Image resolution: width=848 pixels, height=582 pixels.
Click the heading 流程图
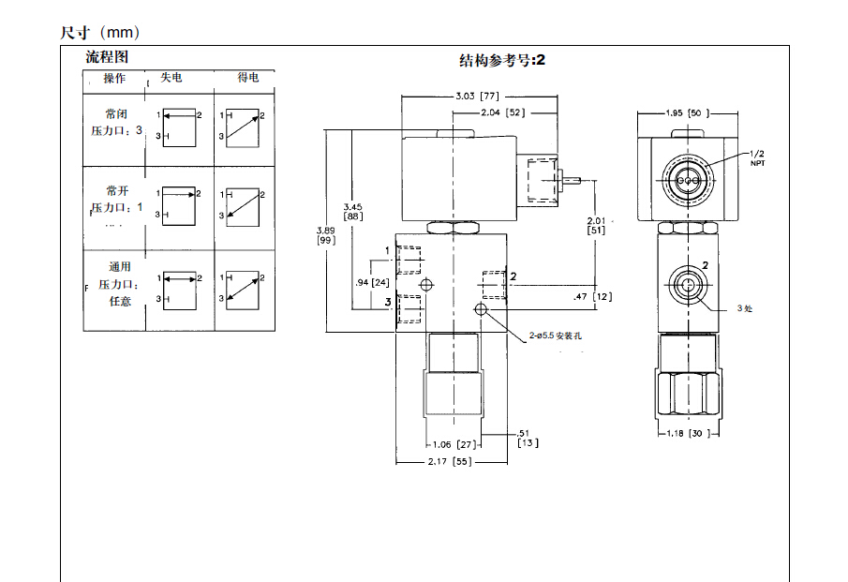point(108,57)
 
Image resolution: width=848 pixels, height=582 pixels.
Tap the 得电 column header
point(247,77)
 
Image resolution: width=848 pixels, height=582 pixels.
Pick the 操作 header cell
point(114,78)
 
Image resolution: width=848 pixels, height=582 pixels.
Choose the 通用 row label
point(119,267)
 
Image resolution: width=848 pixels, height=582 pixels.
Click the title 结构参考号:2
point(501,61)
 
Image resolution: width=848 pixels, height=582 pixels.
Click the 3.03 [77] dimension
point(476,96)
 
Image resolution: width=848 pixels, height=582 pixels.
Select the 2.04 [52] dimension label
point(501,112)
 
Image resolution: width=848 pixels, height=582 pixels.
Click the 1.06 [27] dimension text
point(453,445)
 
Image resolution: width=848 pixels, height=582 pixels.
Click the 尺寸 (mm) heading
point(100,33)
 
